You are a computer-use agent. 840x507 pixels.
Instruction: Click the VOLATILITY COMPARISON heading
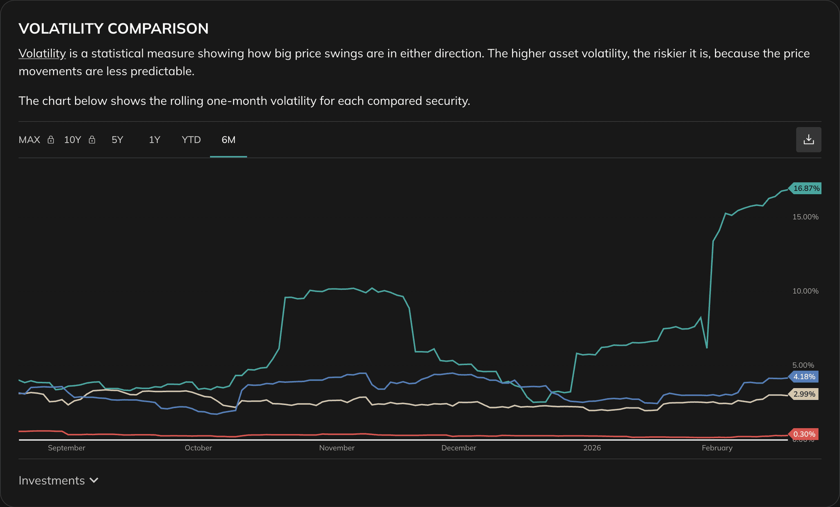(114, 29)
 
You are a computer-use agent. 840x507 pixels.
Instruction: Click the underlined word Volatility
(42, 54)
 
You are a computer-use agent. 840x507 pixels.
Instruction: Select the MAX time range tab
(30, 140)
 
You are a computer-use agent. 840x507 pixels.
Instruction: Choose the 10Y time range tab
(73, 140)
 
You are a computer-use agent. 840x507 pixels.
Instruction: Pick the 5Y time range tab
(117, 140)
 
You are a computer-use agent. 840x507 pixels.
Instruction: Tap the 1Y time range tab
(154, 140)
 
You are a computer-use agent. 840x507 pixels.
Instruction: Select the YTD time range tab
(191, 140)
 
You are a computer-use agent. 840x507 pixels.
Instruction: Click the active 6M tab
(228, 140)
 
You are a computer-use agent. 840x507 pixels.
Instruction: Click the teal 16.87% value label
(806, 189)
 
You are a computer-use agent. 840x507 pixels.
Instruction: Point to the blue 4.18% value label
(804, 377)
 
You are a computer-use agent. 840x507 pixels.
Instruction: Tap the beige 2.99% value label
(804, 394)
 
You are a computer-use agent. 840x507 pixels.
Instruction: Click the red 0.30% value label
(804, 434)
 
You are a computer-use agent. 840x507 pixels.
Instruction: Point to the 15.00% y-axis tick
(805, 217)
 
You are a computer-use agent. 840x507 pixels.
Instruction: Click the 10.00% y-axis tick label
(805, 291)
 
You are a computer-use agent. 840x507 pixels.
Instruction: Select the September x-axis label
(66, 448)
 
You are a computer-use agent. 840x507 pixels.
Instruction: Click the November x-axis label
(337, 448)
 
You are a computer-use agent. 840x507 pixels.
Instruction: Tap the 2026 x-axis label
(592, 448)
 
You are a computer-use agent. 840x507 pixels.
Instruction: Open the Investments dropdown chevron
(94, 480)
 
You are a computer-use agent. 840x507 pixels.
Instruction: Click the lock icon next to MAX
(51, 140)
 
